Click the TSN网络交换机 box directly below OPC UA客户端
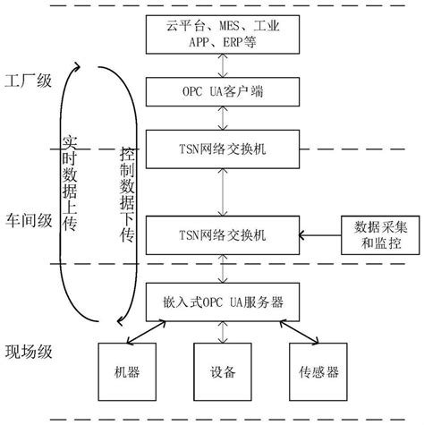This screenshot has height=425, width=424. (219, 147)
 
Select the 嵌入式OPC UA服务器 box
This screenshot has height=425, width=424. (219, 302)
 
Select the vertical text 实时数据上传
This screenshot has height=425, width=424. (72, 183)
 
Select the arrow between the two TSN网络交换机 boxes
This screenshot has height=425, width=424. (219, 190)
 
